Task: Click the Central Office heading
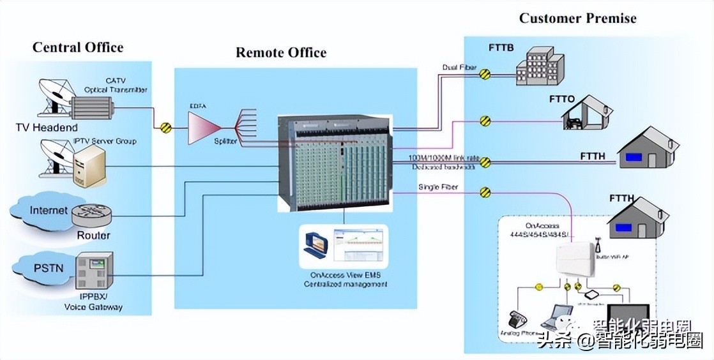78,47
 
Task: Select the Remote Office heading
281,52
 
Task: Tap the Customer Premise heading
577,18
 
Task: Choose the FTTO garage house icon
586,114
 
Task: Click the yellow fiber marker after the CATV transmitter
166,128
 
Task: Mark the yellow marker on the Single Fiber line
485,191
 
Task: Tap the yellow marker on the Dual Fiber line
485,74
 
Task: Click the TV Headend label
47,128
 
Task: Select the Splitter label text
225,140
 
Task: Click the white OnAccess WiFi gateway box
575,262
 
